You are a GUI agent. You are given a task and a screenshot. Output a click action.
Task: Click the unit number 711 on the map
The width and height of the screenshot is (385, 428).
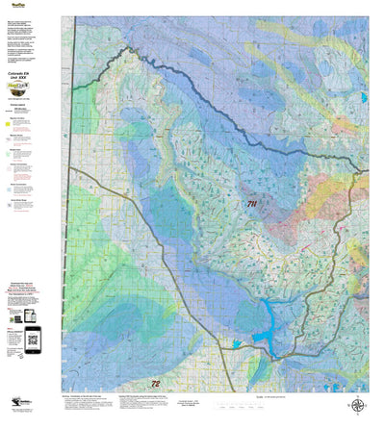coord(251,204)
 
